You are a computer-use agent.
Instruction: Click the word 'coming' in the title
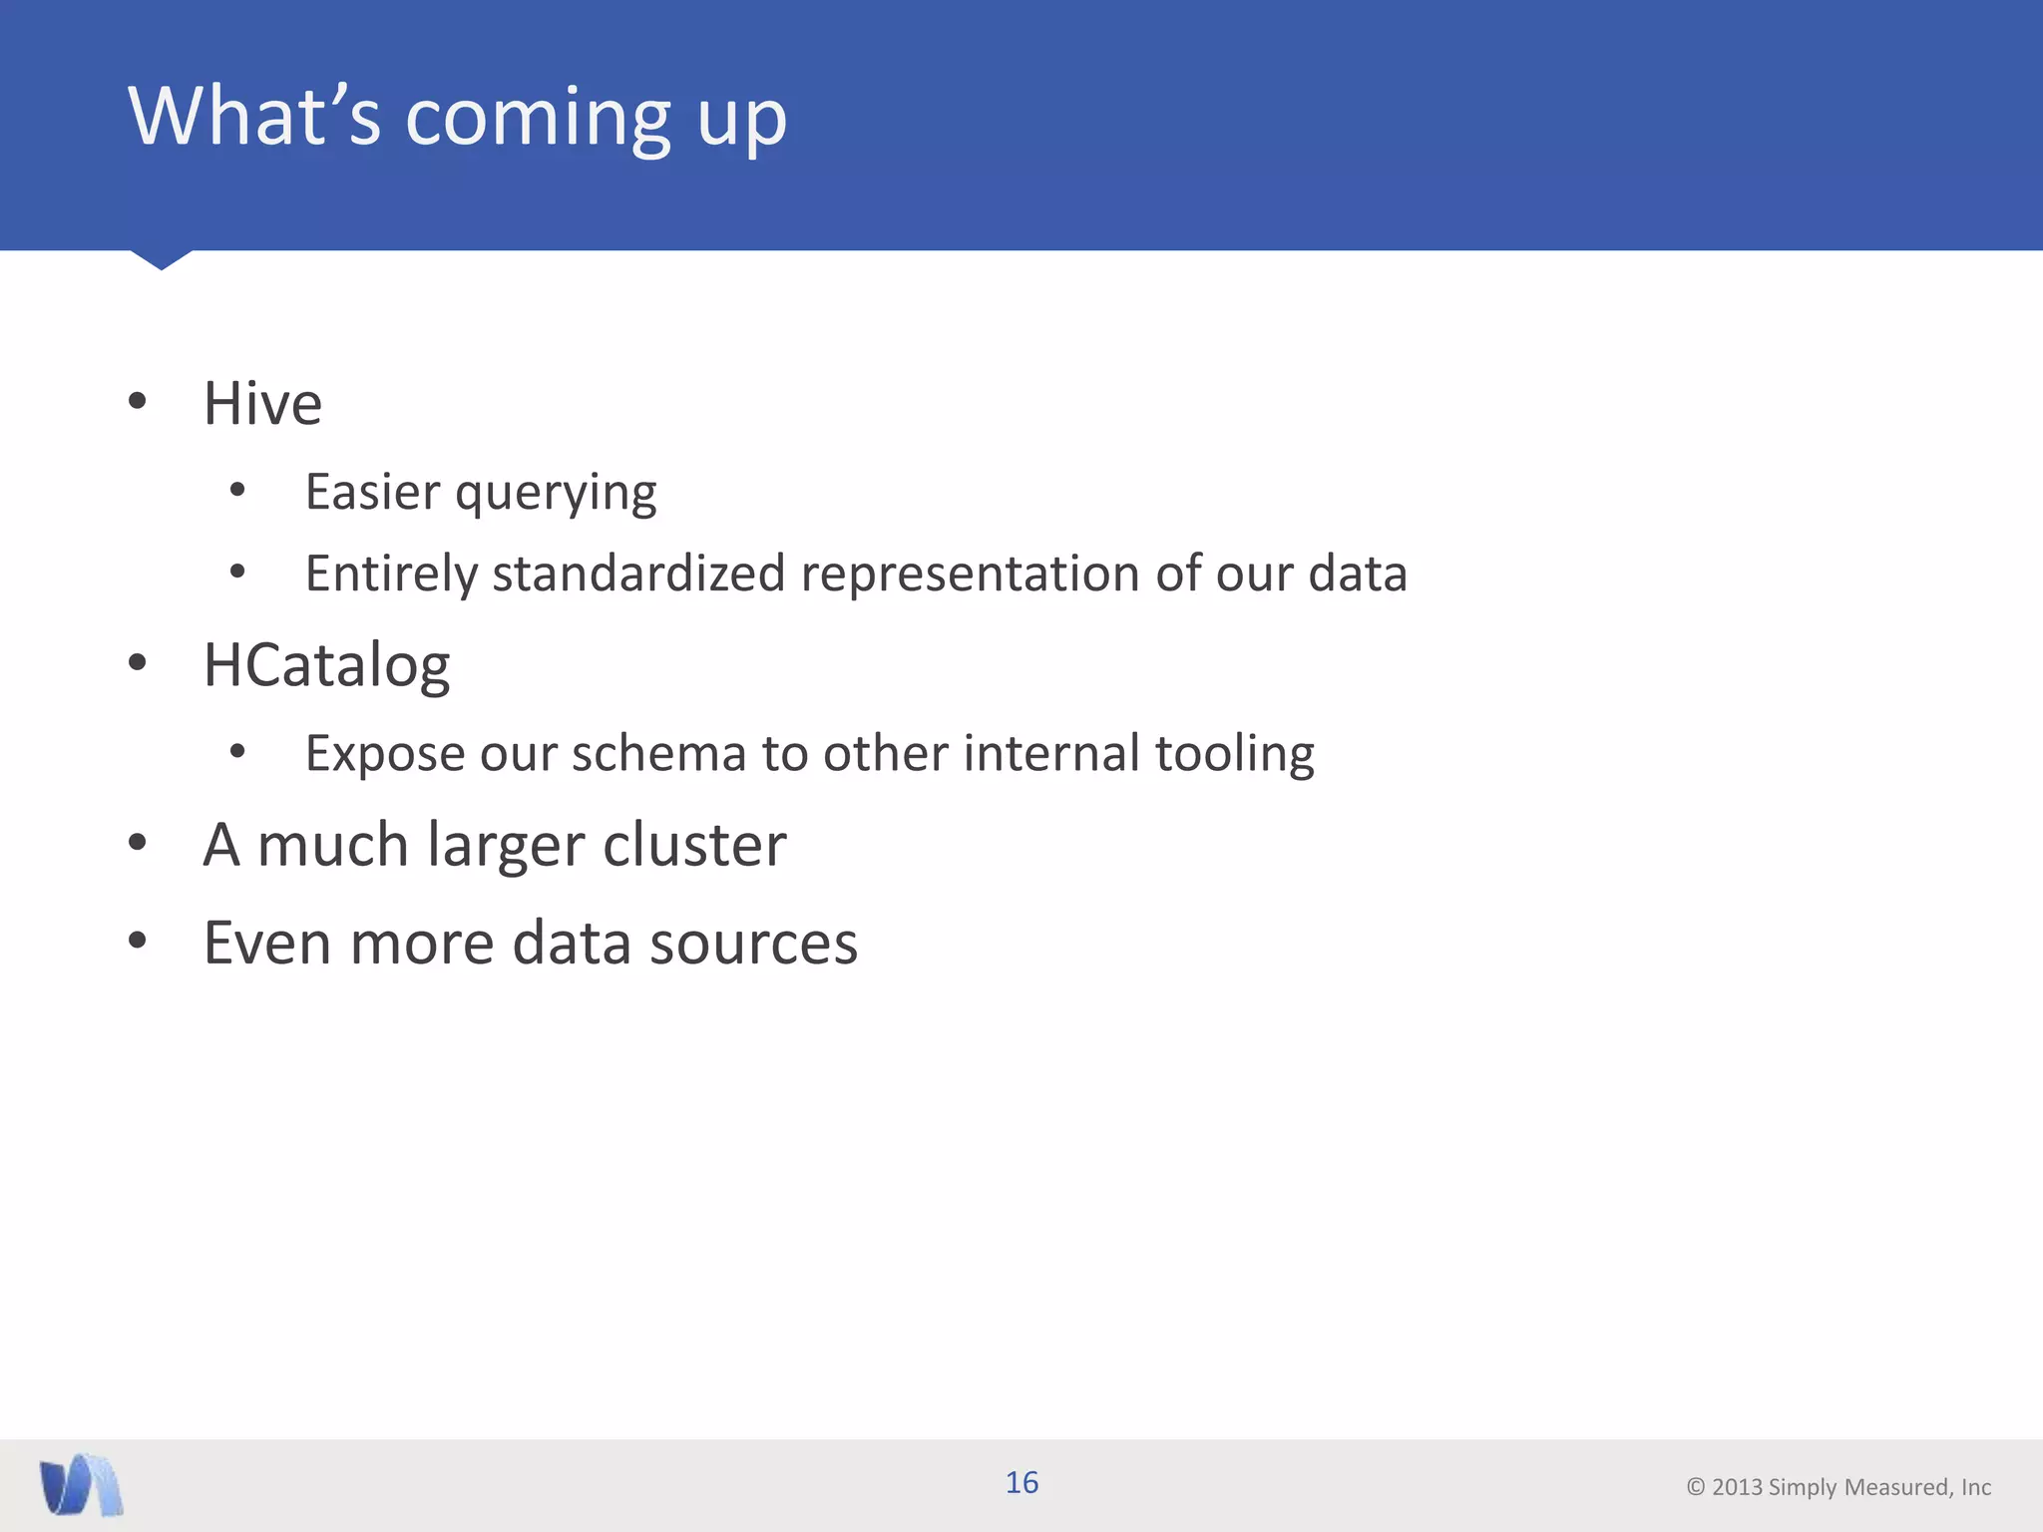(x=539, y=120)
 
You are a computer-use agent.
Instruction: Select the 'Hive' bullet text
(x=262, y=404)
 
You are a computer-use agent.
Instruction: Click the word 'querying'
(x=556, y=494)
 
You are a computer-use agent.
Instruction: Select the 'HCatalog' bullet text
(x=326, y=666)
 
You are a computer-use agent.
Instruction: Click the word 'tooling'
(x=1234, y=755)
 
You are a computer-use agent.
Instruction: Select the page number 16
(x=1021, y=1483)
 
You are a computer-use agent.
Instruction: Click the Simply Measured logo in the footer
(x=82, y=1485)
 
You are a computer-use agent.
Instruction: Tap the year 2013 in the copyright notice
(x=1737, y=1487)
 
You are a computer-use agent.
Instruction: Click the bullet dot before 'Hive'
(x=138, y=402)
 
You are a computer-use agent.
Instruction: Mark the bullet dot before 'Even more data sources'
(x=138, y=940)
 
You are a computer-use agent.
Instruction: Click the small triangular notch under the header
(x=161, y=259)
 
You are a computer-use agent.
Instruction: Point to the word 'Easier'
(x=372, y=492)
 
